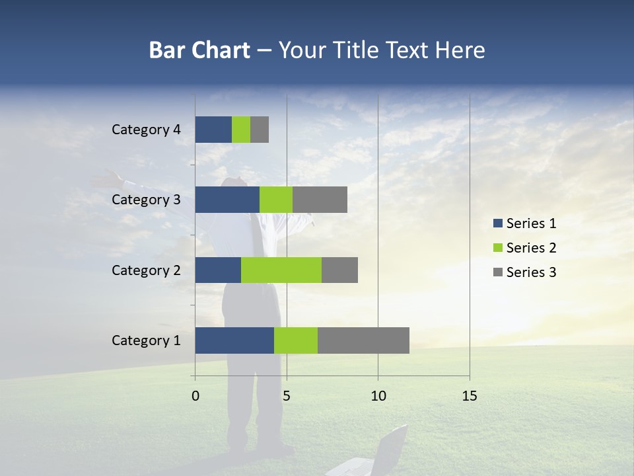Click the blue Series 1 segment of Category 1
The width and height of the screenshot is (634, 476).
point(234,340)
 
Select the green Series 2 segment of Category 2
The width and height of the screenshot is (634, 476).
point(281,270)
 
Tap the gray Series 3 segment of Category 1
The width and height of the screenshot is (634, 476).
point(363,340)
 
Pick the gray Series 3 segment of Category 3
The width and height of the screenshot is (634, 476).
point(320,200)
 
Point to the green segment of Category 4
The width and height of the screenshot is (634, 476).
point(241,130)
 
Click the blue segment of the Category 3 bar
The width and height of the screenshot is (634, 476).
point(227,200)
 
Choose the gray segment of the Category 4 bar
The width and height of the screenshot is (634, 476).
point(260,130)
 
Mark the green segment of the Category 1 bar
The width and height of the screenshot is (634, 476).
point(296,340)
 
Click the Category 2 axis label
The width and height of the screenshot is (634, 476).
point(146,270)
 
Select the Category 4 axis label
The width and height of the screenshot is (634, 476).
point(146,130)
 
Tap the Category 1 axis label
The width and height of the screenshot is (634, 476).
point(146,340)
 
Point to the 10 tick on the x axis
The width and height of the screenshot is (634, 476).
point(378,396)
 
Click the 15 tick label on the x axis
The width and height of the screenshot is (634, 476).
point(470,396)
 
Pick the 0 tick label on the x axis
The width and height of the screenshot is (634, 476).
point(195,396)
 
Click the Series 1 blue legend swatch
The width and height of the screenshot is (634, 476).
point(497,223)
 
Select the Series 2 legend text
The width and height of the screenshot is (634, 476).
point(531,248)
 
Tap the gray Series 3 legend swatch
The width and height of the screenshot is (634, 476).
point(497,272)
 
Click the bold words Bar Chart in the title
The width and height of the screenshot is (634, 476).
point(199,50)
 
